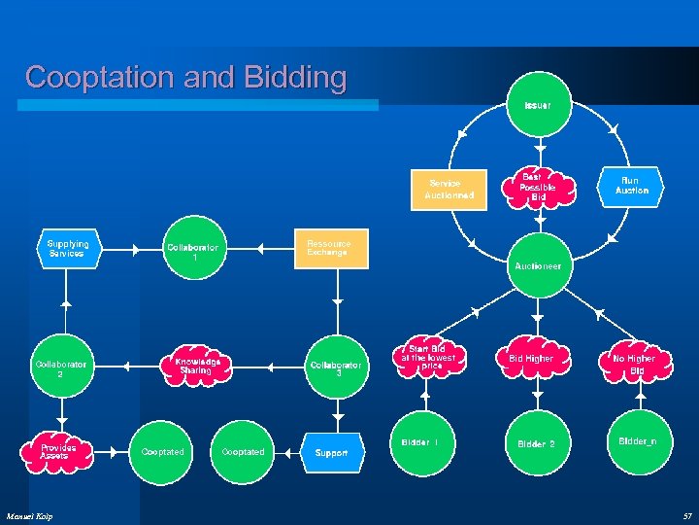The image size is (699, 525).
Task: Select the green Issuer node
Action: click(x=537, y=105)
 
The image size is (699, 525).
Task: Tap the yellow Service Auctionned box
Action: click(x=449, y=189)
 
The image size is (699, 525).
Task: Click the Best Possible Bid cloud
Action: click(x=537, y=187)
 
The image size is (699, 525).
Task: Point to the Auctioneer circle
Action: click(x=537, y=264)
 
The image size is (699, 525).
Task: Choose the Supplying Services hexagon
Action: click(x=68, y=249)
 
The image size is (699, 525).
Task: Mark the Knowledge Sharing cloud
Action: click(x=197, y=365)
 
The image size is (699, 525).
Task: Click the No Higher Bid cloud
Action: click(x=633, y=364)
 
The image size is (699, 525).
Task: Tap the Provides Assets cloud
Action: click(x=58, y=452)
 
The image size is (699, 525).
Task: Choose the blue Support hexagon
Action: click(x=332, y=452)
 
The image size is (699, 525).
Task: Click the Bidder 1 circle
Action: click(x=420, y=442)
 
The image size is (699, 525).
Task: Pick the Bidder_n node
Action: click(x=637, y=442)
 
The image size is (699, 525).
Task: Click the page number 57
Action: click(x=686, y=515)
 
